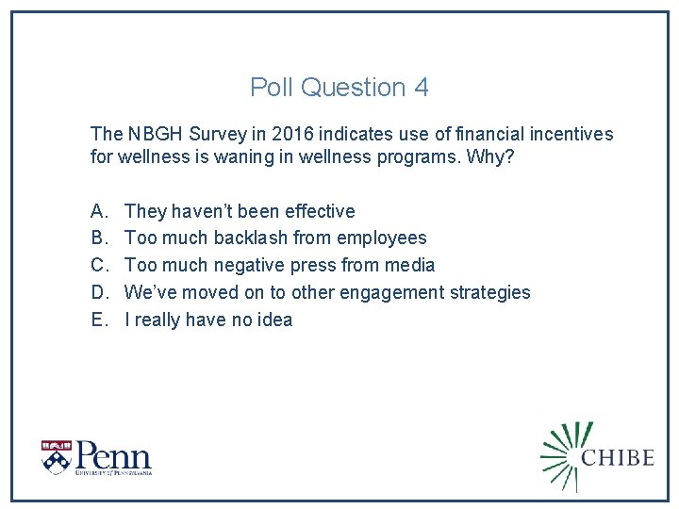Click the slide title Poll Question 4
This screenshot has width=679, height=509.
(x=339, y=88)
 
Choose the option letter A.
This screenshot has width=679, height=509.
(x=98, y=211)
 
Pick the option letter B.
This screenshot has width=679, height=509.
(x=98, y=238)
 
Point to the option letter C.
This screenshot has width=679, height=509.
(x=98, y=266)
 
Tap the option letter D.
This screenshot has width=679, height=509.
(x=98, y=293)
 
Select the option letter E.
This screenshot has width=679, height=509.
(x=98, y=320)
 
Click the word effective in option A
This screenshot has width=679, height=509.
(x=320, y=211)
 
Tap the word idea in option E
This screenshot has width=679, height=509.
(x=273, y=320)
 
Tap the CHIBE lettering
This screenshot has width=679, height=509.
(x=618, y=457)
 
